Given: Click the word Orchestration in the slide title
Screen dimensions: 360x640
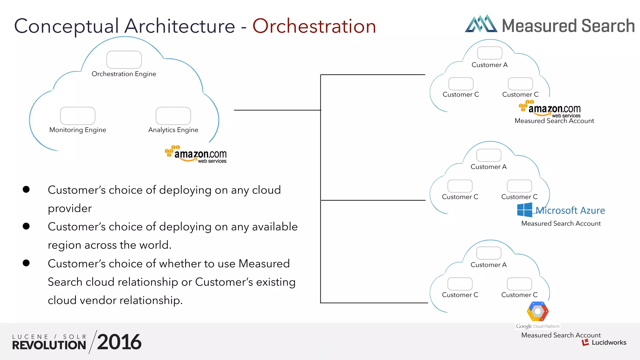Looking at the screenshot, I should point(314,26).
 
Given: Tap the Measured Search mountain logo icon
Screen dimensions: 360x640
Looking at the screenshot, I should point(481,24).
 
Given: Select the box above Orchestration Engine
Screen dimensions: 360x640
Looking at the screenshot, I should point(124,60).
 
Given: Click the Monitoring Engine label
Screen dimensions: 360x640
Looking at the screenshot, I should point(78,130).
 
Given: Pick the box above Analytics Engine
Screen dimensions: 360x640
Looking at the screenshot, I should point(173,116).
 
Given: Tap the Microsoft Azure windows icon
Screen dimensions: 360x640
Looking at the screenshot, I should point(524,210).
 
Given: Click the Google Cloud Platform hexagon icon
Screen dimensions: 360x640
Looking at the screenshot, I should point(537,311).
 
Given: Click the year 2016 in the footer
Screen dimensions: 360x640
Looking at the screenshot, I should point(119,342).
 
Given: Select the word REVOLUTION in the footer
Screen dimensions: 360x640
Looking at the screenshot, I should point(49,345).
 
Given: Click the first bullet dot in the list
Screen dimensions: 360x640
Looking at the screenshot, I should point(26,189).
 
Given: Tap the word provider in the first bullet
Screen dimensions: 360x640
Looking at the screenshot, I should point(70,208).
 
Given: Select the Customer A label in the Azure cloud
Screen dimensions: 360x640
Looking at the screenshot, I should point(488,167).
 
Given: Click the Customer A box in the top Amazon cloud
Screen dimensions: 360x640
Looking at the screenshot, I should point(490,53).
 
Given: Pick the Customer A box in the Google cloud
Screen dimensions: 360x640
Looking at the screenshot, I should point(489,253).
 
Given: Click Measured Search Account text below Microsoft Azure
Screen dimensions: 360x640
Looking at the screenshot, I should point(561,223).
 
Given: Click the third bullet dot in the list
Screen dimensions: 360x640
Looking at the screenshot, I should point(26,263).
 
